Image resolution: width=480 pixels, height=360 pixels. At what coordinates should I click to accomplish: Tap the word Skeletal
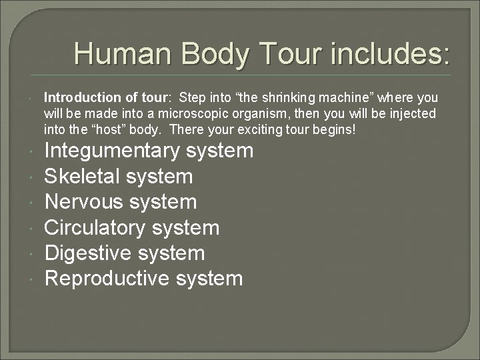click(81, 177)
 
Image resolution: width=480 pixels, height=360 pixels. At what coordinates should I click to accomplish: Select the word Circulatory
click(95, 227)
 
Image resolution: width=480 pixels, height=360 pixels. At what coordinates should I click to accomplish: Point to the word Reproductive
click(107, 278)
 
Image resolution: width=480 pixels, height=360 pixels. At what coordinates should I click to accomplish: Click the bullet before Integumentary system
click(32, 152)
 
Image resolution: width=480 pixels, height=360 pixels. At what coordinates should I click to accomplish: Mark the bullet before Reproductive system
click(32, 279)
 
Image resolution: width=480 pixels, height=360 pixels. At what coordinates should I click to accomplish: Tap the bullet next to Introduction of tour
click(32, 99)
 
